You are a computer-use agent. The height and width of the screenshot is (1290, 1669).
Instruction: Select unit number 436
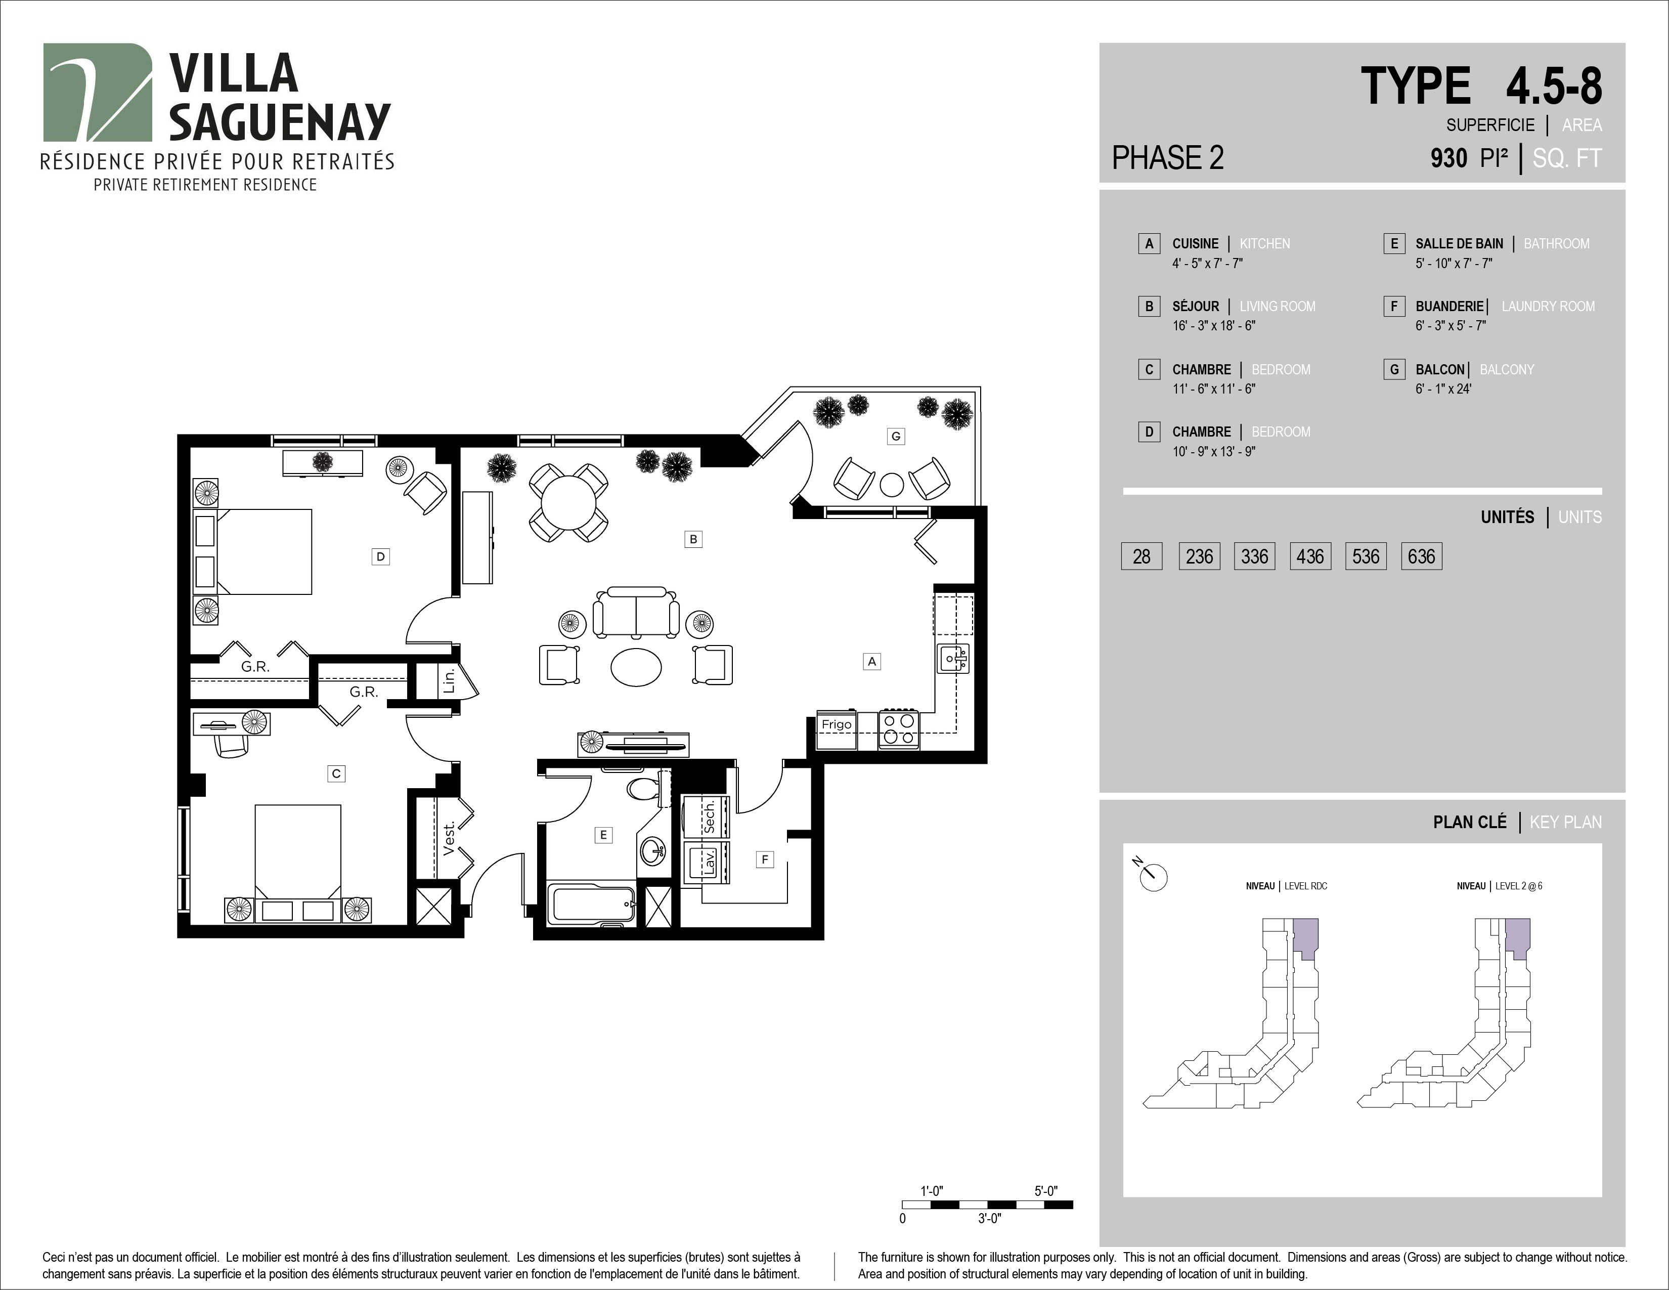(x=1310, y=556)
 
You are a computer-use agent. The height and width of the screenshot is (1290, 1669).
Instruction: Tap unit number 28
(x=1141, y=556)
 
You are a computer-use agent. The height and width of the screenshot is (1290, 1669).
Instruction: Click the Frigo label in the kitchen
(x=837, y=724)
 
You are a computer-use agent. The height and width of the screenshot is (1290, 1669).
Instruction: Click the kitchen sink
(x=953, y=658)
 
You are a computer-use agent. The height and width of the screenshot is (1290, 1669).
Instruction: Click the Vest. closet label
(x=449, y=838)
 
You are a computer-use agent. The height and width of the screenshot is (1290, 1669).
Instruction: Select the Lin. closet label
(x=449, y=679)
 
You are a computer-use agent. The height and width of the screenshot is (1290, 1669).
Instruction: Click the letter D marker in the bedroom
(x=380, y=556)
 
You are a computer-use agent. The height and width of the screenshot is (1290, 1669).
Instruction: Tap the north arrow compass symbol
(x=1152, y=874)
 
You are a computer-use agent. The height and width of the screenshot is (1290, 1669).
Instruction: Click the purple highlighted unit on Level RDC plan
(x=1306, y=938)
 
